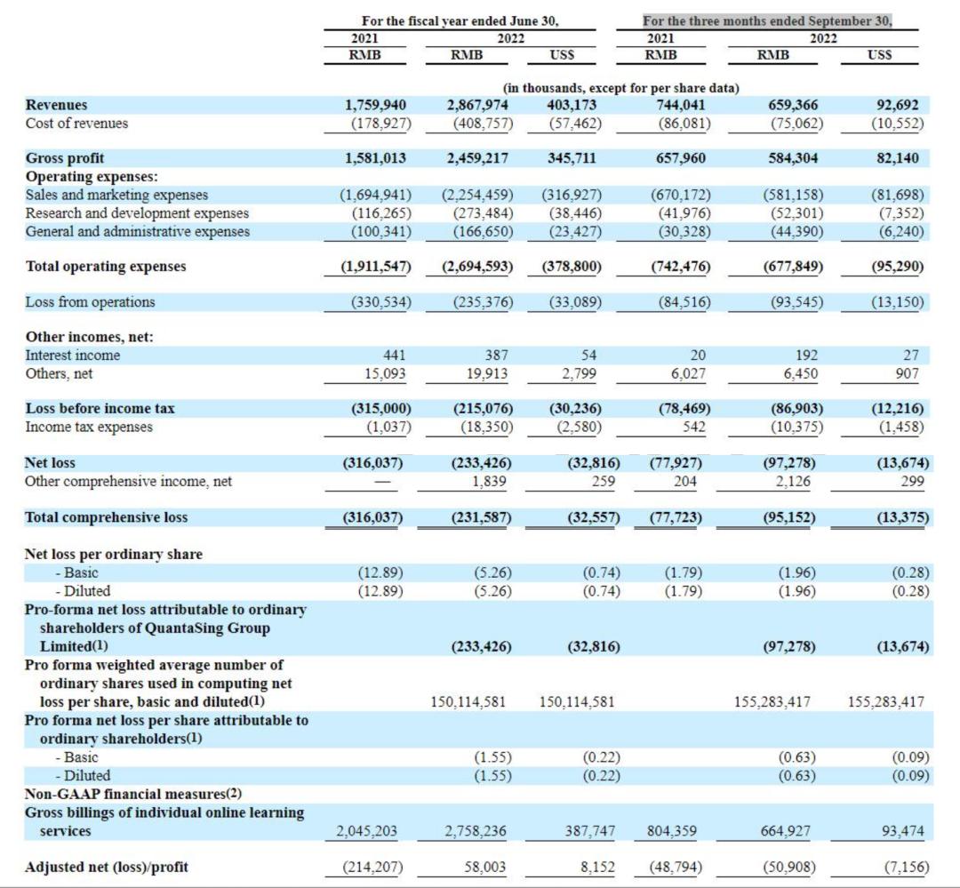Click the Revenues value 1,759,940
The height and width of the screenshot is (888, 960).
point(375,105)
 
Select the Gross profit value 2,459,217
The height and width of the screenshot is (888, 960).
point(477,158)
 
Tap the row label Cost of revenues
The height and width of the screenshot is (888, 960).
point(76,123)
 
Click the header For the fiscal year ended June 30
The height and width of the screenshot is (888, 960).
point(460,20)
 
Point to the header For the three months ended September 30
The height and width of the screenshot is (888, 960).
point(767,20)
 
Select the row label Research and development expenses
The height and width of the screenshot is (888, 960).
point(137,213)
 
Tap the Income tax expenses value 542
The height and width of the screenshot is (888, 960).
point(694,427)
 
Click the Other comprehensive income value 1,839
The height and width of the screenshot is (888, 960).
point(489,482)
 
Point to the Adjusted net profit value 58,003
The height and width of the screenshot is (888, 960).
point(485,868)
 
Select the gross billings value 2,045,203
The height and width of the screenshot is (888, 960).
point(367,831)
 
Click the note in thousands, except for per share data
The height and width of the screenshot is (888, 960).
point(620,88)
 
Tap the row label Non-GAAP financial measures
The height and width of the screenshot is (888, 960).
point(132,794)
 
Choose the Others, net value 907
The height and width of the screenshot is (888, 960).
point(907,373)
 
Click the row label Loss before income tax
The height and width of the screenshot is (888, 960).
point(100,409)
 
